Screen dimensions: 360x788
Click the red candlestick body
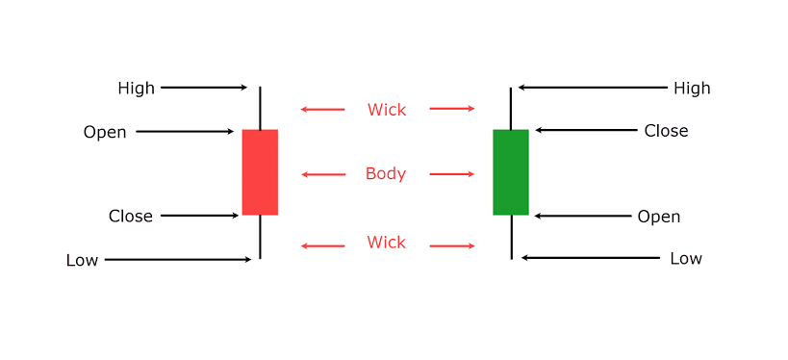tap(260, 171)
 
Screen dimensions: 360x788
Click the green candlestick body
tap(511, 171)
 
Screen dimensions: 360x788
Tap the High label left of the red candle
tap(136, 89)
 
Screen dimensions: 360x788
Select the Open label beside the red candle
tap(105, 132)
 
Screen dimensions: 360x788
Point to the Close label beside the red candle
tap(130, 217)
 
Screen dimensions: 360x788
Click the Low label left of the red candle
tap(82, 260)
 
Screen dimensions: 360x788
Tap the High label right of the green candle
tap(691, 89)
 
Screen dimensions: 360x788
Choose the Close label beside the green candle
tap(666, 131)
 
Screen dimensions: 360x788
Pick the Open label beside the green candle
tap(658, 217)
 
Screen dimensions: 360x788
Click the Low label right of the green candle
tap(686, 259)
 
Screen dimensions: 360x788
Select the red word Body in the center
tap(386, 174)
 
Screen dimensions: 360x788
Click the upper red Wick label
tap(386, 110)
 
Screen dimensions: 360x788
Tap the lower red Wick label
tap(386, 243)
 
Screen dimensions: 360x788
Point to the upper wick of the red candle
tap(260, 108)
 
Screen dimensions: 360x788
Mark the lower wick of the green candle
tap(511, 237)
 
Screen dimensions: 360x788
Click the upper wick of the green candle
tap(511, 108)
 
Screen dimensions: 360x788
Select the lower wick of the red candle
tap(260, 237)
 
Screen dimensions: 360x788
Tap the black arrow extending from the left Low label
tap(178, 260)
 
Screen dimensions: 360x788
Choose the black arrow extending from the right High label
tap(592, 88)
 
